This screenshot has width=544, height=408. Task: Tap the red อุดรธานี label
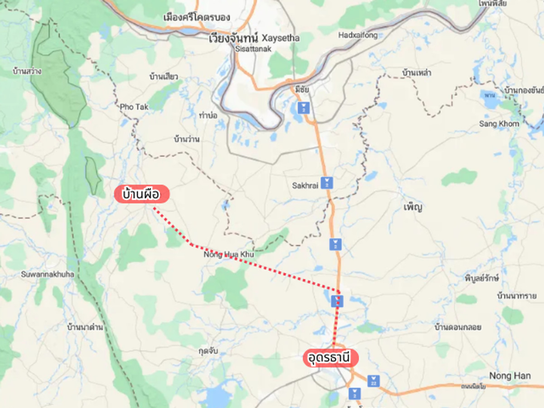tap(330, 358)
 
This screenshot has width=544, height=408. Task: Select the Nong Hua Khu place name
tap(229, 255)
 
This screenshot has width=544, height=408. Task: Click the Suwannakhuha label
tap(44, 274)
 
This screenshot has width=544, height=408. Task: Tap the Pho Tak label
tap(134, 107)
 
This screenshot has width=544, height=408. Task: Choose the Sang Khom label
tap(499, 124)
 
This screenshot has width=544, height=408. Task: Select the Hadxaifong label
tap(358, 35)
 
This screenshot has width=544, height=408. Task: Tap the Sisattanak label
tap(253, 49)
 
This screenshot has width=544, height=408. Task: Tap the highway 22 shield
tap(373, 380)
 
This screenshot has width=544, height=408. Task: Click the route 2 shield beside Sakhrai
tap(326, 183)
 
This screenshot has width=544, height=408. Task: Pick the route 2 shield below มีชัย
tap(302, 108)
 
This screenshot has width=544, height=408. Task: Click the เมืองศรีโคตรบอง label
tap(197, 18)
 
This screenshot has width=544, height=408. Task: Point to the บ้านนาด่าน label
tap(85, 326)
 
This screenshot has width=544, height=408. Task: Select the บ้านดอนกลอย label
tap(457, 327)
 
